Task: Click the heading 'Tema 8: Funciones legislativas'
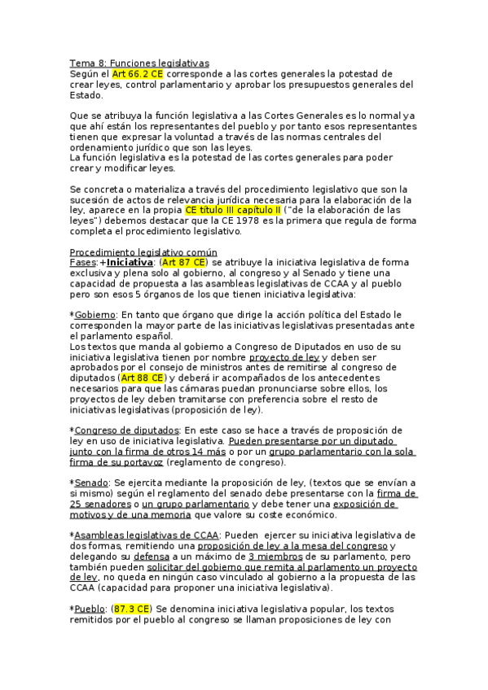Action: point(139,63)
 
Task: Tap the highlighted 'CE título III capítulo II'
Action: point(232,209)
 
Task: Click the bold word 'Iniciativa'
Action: point(130,263)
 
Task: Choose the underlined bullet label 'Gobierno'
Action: point(96,314)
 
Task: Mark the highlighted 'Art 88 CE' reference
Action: point(143,378)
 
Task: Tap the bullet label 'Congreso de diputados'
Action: point(126,430)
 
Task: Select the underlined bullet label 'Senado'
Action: point(91,483)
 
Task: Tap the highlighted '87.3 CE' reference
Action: point(132,608)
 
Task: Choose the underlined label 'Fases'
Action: point(82,263)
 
